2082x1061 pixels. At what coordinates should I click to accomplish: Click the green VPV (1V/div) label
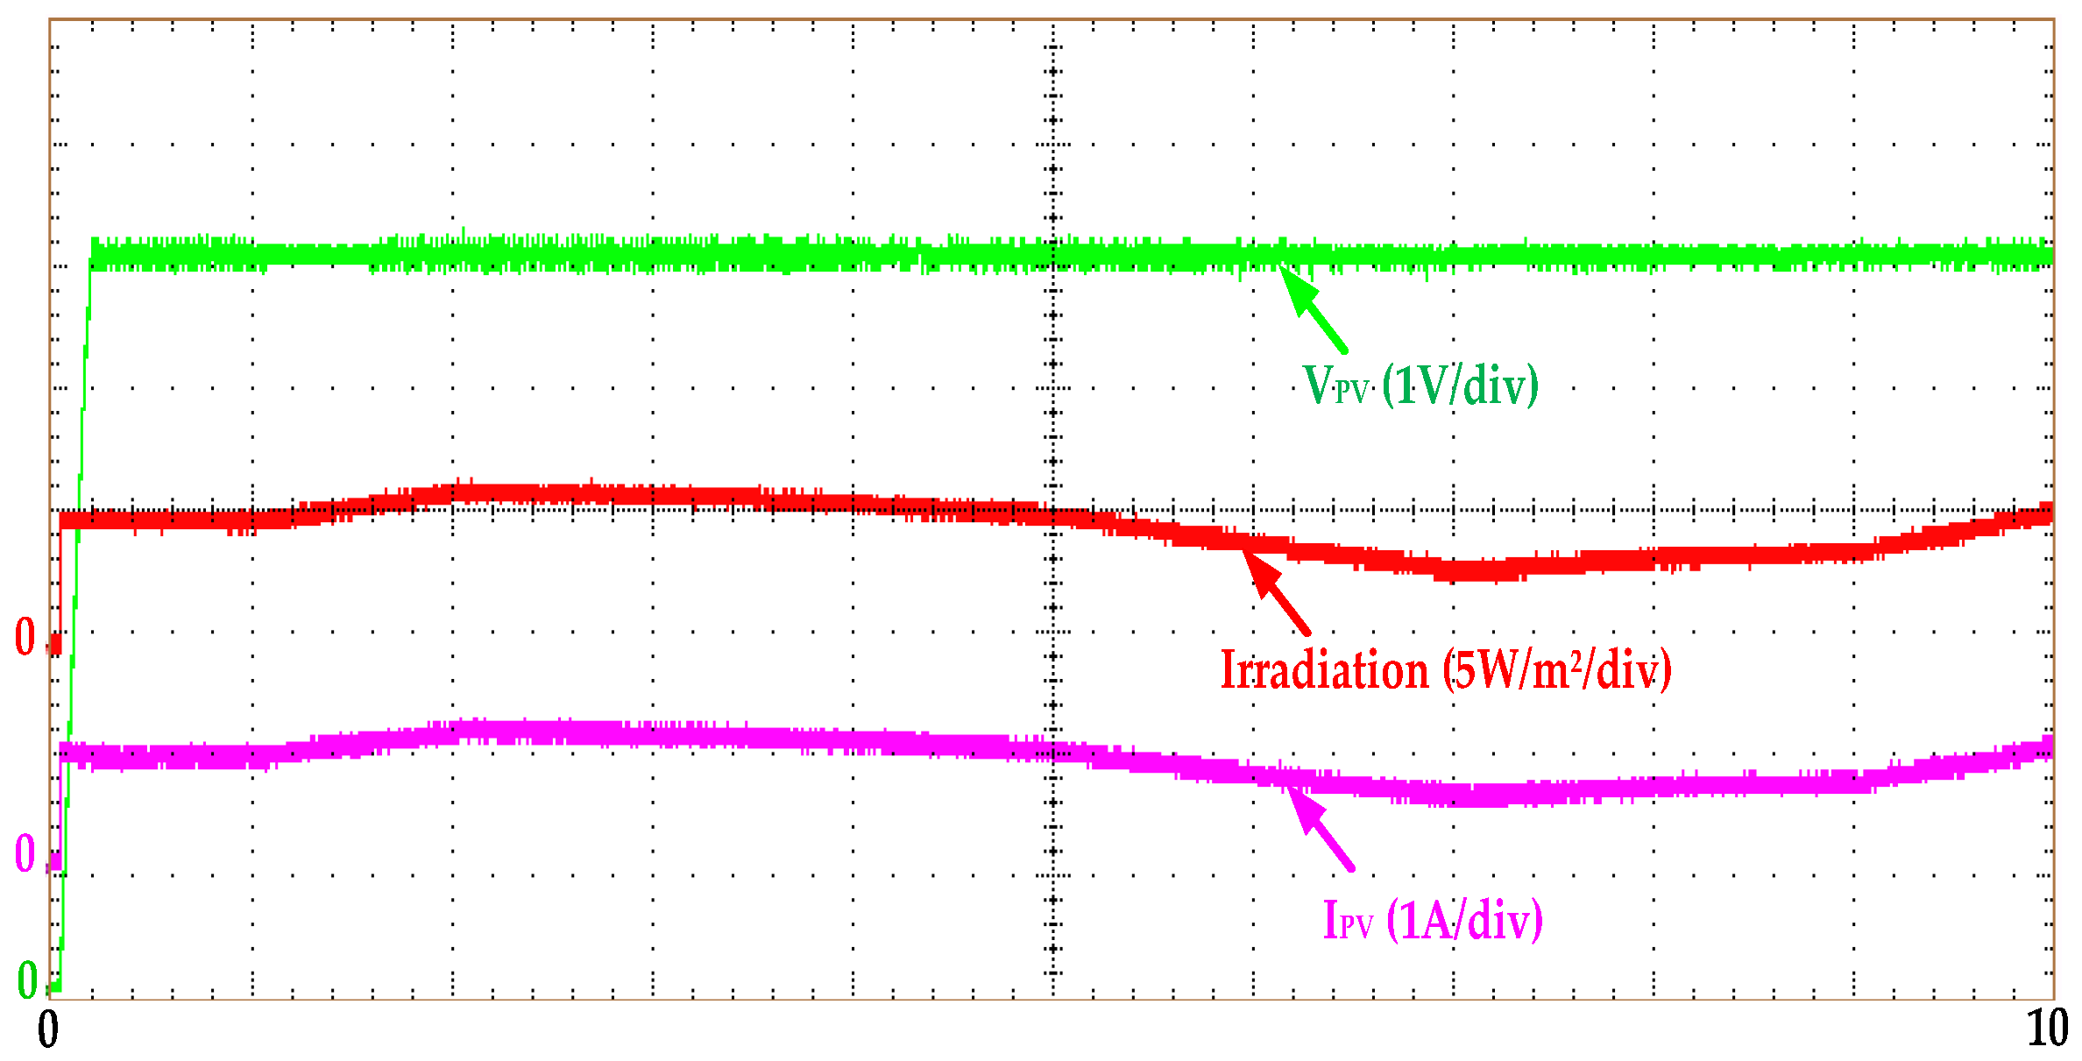[x=1420, y=385]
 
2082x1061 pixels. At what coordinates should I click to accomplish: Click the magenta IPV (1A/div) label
[x=1433, y=921]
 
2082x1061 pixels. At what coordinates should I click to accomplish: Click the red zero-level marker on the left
[x=25, y=637]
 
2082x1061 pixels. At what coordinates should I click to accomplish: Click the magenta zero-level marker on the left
[x=25, y=852]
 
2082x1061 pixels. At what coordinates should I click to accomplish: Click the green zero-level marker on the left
[x=27, y=980]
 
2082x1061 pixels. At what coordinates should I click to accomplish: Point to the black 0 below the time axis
[x=48, y=1029]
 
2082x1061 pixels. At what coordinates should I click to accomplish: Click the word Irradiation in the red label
[x=1324, y=671]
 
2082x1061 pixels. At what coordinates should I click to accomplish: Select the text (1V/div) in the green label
[x=1460, y=385]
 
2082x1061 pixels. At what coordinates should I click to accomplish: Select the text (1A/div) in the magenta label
[x=1464, y=921]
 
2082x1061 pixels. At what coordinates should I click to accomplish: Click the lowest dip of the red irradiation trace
[x=1481, y=571]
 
